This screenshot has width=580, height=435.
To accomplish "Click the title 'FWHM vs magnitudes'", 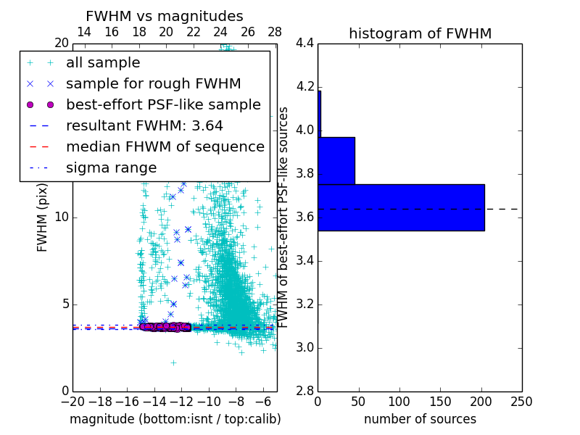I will coord(164,16).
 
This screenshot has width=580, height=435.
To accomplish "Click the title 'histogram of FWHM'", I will coord(420,33).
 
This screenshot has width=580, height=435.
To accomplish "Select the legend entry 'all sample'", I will coord(103,63).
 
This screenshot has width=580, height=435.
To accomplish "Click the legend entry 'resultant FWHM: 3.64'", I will coord(144,125).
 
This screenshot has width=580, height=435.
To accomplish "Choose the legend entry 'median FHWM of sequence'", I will coord(165,146).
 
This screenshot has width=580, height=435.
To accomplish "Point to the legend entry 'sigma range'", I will coord(111,167).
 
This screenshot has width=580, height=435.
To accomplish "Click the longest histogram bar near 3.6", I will coord(401,207).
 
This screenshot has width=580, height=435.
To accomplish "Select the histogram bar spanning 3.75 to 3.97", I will coord(336,160).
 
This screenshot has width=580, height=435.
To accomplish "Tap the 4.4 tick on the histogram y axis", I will coord(304,43).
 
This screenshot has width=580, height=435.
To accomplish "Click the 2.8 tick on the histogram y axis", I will coord(304,391).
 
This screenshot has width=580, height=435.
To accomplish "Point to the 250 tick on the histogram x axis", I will coord(521,402).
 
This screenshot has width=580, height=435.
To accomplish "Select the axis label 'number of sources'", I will coord(420,419).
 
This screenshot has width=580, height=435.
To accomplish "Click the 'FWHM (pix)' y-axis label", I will coord(43,217).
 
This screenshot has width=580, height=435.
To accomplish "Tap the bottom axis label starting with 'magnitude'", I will coord(175,419).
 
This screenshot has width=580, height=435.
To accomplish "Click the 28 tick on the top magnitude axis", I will coord(275,32).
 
